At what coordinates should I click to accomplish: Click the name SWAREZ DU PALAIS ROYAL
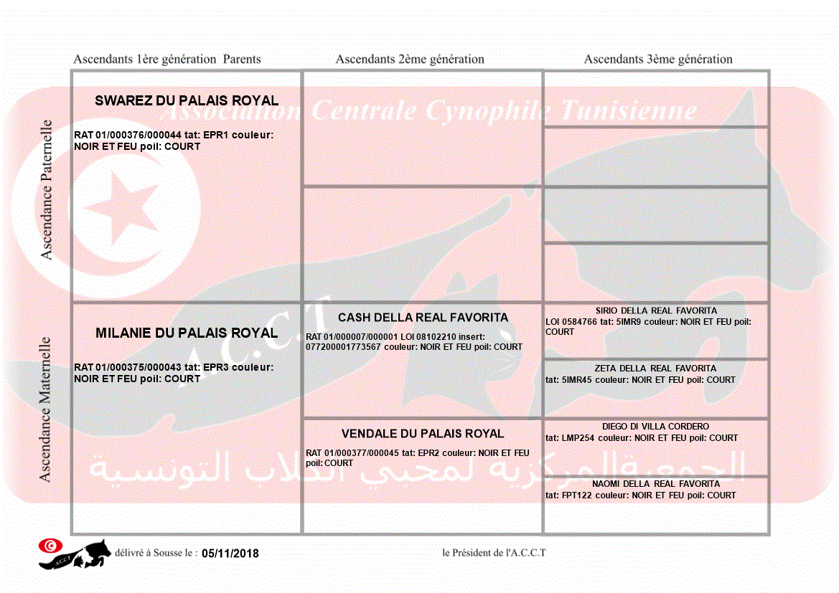(x=187, y=101)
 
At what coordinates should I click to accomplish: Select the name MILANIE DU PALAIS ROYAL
(x=187, y=333)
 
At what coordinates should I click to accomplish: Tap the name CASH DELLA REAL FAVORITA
(x=423, y=318)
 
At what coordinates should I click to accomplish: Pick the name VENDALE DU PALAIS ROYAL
(x=423, y=434)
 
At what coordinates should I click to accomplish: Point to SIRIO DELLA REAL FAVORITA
(x=656, y=311)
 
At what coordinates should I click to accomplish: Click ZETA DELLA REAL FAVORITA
(x=656, y=369)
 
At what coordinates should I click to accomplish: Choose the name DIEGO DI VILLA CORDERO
(x=656, y=427)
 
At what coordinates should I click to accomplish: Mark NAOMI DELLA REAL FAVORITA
(x=656, y=484)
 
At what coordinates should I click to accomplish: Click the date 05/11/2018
(x=230, y=554)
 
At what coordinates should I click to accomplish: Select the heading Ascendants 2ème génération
(x=410, y=60)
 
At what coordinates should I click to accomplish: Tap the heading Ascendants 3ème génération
(x=658, y=60)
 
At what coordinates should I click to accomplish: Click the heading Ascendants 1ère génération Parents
(x=167, y=60)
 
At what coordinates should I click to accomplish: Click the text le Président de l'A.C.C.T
(x=494, y=553)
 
